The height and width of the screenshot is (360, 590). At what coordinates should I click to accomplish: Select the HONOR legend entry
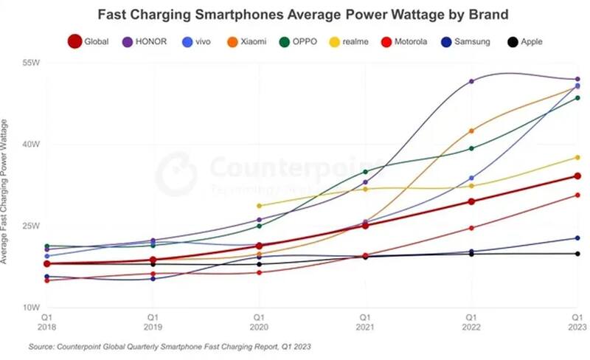click(147, 41)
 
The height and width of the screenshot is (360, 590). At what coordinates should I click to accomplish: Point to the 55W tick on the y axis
click(31, 63)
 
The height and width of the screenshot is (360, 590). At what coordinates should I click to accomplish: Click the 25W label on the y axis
click(31, 226)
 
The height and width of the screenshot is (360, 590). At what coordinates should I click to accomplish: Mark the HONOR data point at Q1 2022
click(471, 81)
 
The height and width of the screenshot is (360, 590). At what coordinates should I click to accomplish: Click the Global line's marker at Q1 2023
click(577, 176)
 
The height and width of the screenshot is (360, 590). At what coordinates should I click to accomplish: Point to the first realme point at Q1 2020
click(259, 206)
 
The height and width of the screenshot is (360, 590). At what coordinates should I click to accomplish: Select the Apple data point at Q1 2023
click(577, 254)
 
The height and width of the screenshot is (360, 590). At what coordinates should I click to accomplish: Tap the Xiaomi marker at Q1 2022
click(471, 131)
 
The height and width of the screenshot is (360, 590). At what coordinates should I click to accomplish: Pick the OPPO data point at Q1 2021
click(365, 171)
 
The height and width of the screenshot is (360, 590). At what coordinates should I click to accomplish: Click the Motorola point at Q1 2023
click(577, 195)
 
